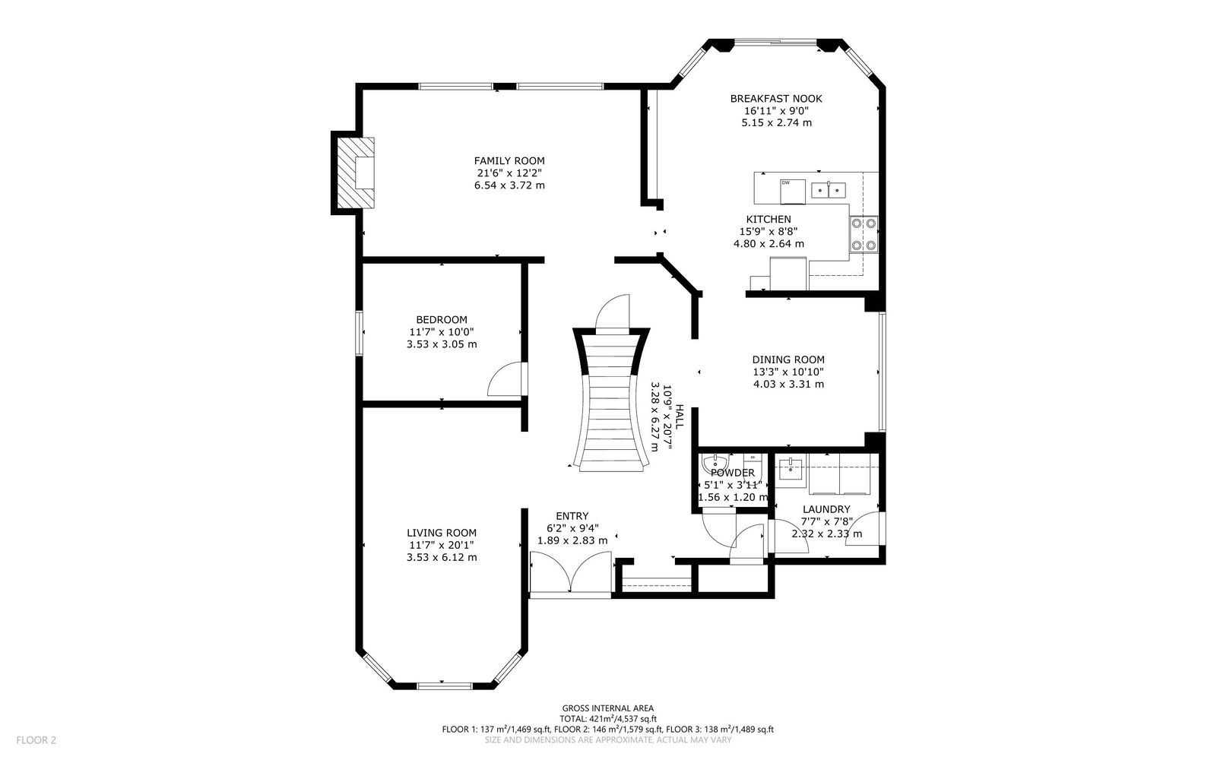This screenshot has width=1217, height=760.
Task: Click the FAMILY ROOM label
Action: coord(509,161)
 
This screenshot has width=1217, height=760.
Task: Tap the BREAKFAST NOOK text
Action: coord(776,99)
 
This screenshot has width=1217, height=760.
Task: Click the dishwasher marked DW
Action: coord(793,192)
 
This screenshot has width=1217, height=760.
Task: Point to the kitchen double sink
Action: coord(829,190)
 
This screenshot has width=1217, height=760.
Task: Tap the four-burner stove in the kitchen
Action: coord(864,234)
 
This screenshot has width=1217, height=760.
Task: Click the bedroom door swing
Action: coord(506,378)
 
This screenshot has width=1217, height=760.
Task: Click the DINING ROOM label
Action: coord(788,359)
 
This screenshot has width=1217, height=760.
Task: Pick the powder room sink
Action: coord(715,464)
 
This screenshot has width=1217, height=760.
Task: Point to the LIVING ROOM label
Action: coord(442,533)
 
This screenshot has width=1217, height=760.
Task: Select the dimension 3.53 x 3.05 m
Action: coord(442,344)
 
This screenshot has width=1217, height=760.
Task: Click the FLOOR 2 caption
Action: coord(36,740)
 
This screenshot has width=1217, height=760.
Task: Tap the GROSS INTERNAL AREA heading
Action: coord(608,708)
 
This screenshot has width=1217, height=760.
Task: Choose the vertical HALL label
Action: coord(679,416)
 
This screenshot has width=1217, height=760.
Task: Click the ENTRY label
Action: coord(572,516)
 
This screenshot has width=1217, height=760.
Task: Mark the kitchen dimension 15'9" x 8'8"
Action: coord(769,232)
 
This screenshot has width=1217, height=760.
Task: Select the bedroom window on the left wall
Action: coord(359,334)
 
